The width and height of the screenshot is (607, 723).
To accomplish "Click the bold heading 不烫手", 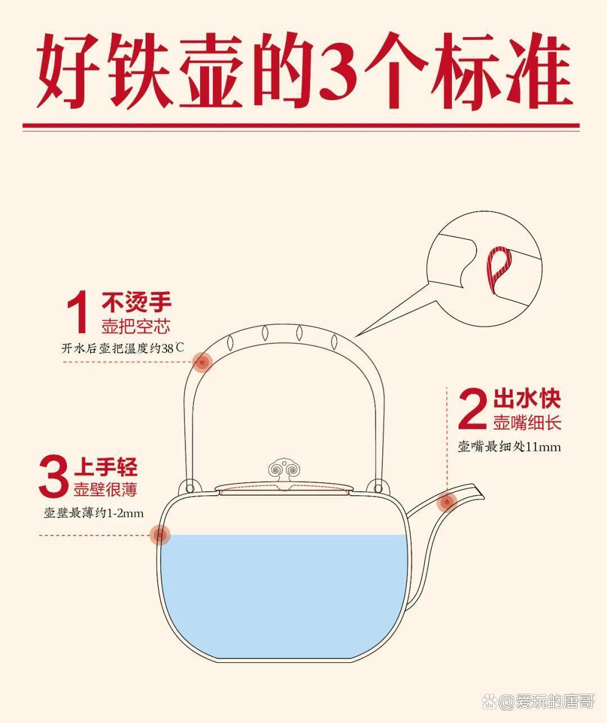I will [137, 303].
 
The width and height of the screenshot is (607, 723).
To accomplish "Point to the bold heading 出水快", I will [527, 399].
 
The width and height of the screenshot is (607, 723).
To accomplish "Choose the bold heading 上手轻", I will [105, 466].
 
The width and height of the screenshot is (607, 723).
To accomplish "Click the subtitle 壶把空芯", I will [135, 326].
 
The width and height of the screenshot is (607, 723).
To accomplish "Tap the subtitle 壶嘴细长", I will [527, 423].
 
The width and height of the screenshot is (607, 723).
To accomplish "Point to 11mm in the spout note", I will [543, 447].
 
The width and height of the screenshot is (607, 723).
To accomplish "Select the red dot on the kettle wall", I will [160, 534].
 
